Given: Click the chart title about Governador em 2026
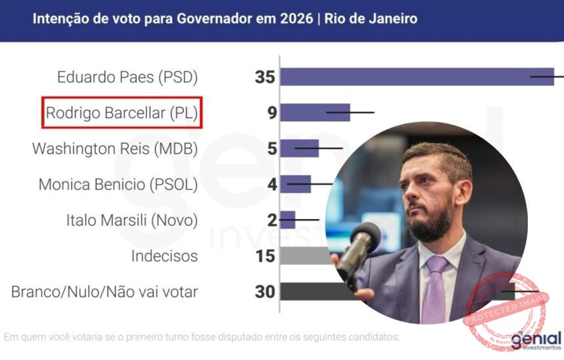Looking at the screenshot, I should click(x=224, y=18).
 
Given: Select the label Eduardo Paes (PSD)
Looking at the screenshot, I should click(x=127, y=77).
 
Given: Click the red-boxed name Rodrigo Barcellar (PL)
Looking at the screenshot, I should click(x=121, y=113).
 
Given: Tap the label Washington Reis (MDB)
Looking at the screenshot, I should click(x=115, y=149).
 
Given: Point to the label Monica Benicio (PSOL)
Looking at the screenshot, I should click(x=118, y=184).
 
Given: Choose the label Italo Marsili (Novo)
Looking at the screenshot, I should click(x=132, y=220).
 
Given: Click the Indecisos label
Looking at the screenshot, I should click(x=164, y=256).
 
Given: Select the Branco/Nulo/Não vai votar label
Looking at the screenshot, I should click(x=104, y=291).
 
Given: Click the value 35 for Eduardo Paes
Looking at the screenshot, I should click(x=265, y=77).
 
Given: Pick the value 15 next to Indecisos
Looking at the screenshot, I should click(x=265, y=256).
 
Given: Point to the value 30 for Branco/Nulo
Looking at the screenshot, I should click(x=265, y=291).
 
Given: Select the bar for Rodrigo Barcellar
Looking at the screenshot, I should click(x=315, y=113).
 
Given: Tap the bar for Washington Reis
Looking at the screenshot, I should click(x=299, y=148).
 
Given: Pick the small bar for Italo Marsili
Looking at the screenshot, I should click(x=288, y=219).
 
